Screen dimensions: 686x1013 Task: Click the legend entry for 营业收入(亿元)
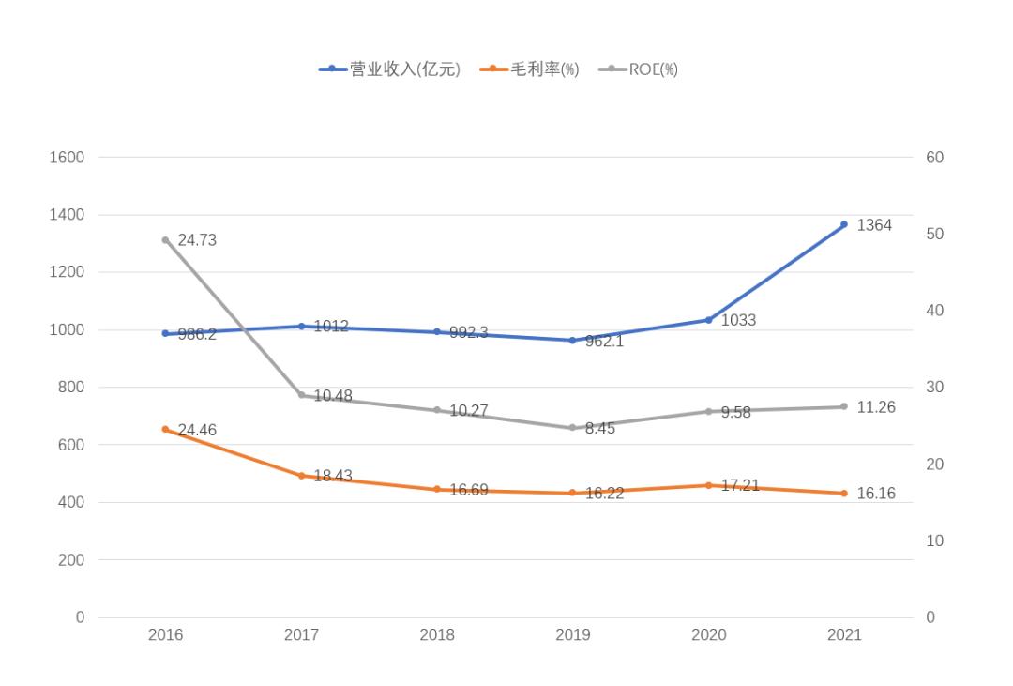(x=390, y=69)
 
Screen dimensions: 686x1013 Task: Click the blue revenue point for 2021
(x=844, y=224)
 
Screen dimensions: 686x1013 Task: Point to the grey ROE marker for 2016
(x=165, y=240)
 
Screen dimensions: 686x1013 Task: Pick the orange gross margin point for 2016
(x=165, y=429)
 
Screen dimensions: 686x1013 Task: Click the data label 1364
(x=874, y=225)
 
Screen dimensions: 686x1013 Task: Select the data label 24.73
(x=197, y=240)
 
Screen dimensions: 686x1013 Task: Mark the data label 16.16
(x=876, y=494)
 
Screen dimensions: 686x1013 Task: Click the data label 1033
(x=738, y=321)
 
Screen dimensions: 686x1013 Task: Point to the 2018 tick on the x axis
(x=437, y=635)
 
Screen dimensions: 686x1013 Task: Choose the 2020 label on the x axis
(x=708, y=635)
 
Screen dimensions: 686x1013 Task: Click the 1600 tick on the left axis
(x=67, y=158)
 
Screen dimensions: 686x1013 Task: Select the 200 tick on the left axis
(x=71, y=560)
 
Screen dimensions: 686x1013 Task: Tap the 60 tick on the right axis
(x=934, y=158)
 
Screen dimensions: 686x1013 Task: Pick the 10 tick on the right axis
(x=934, y=541)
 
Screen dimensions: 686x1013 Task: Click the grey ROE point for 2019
(x=573, y=428)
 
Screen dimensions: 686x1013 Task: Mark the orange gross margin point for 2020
(x=708, y=485)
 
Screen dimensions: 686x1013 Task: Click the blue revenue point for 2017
(x=301, y=327)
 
